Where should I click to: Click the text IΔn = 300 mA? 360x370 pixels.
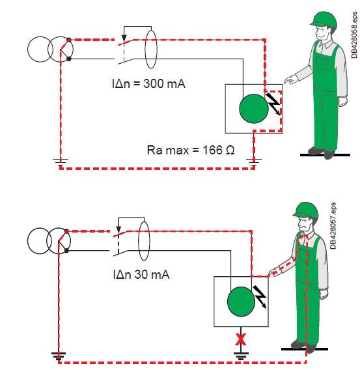click(148, 83)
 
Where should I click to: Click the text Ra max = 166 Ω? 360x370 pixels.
click(191, 150)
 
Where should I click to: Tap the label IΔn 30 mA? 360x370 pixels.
click(141, 274)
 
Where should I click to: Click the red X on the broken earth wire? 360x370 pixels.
click(241, 339)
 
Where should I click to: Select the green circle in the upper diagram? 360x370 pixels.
click(254, 109)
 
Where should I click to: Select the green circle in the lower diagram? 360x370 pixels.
click(241, 302)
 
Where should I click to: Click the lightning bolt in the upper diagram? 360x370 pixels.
click(273, 104)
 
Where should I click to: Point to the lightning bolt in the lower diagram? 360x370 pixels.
click(260, 297)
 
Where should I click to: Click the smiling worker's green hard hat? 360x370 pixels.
click(324, 18)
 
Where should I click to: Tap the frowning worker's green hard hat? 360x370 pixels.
click(305, 210)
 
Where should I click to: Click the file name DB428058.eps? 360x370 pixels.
click(354, 35)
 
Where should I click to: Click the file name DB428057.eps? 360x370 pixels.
click(333, 226)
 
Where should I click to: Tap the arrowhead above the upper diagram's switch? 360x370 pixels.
click(124, 38)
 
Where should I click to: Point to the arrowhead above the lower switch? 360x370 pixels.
click(118, 229)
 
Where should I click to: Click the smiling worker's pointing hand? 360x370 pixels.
click(290, 79)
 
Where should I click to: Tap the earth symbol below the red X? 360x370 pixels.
click(241, 356)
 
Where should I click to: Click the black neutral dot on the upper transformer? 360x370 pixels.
click(69, 59)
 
